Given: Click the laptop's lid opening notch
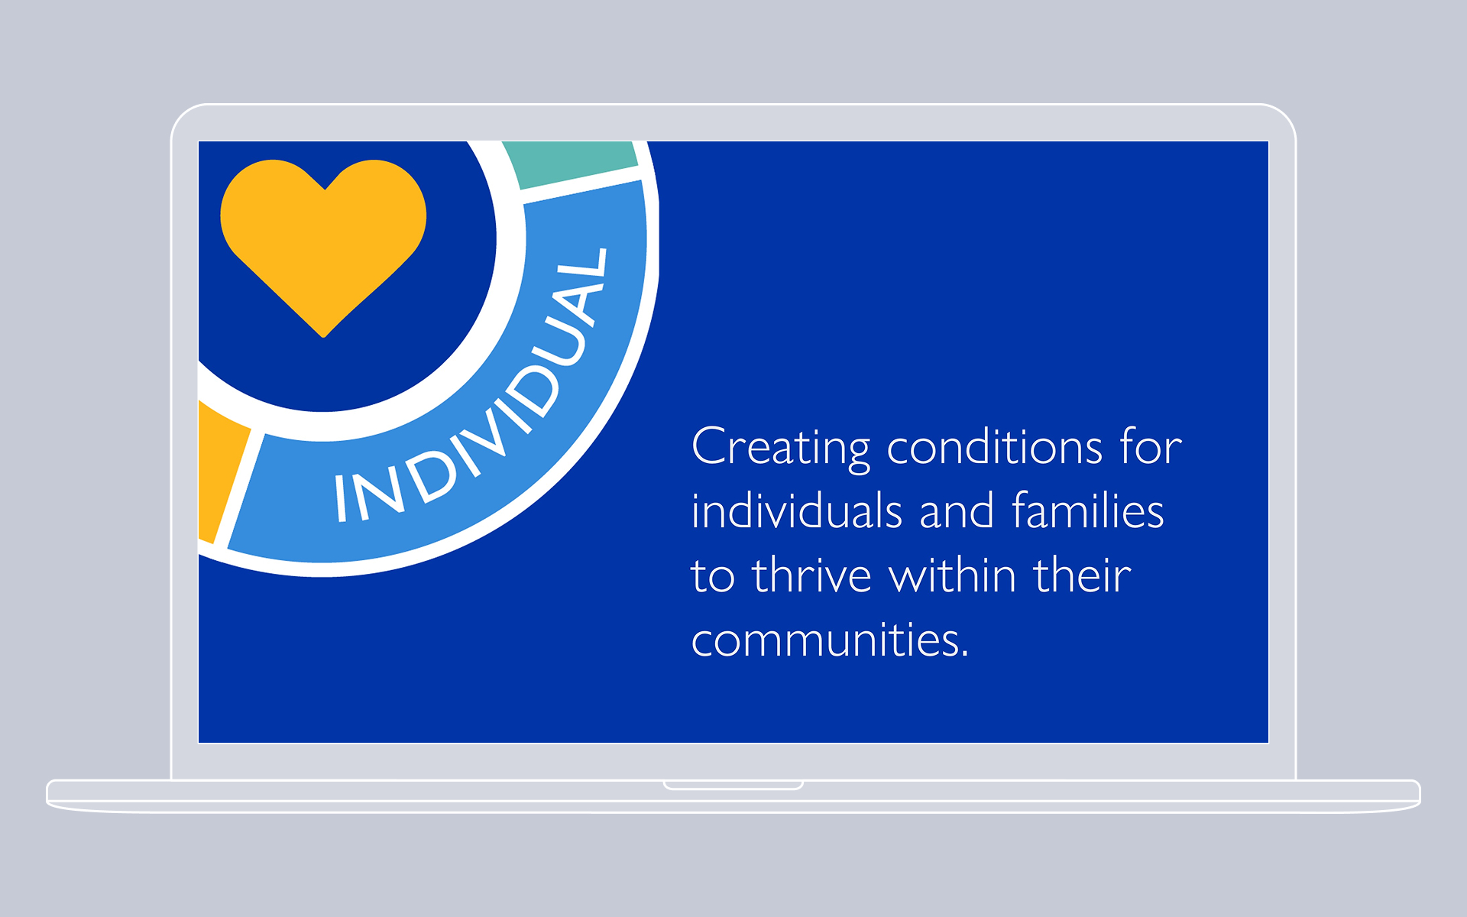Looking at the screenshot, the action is point(733,785).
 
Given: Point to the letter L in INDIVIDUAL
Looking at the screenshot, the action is point(591,268).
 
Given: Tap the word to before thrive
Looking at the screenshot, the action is point(713,576).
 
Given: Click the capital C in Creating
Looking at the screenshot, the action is point(709,446).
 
